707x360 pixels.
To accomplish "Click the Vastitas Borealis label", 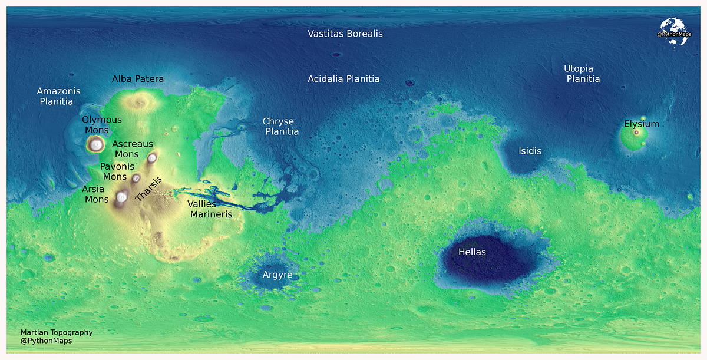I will click(345, 34).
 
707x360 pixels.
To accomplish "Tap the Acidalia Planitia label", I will click(343, 79).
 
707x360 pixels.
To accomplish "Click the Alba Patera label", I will click(138, 79).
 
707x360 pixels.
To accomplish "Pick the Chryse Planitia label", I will click(280, 127).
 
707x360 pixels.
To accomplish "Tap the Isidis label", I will click(530, 151).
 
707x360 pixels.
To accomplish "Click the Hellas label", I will click(472, 252).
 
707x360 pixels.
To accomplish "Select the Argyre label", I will click(277, 275).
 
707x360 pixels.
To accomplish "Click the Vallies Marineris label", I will click(210, 209).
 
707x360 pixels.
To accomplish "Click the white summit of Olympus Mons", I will click(95, 144).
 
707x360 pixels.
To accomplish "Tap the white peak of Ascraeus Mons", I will click(152, 157).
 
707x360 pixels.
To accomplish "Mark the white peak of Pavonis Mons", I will click(136, 178).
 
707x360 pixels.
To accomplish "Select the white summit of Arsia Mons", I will click(122, 197).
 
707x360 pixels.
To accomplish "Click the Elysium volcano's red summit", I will click(636, 133).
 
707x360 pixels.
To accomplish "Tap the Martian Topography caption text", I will click(57, 332).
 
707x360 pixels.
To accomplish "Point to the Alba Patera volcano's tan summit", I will click(140, 103).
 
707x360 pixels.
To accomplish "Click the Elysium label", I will click(642, 124).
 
